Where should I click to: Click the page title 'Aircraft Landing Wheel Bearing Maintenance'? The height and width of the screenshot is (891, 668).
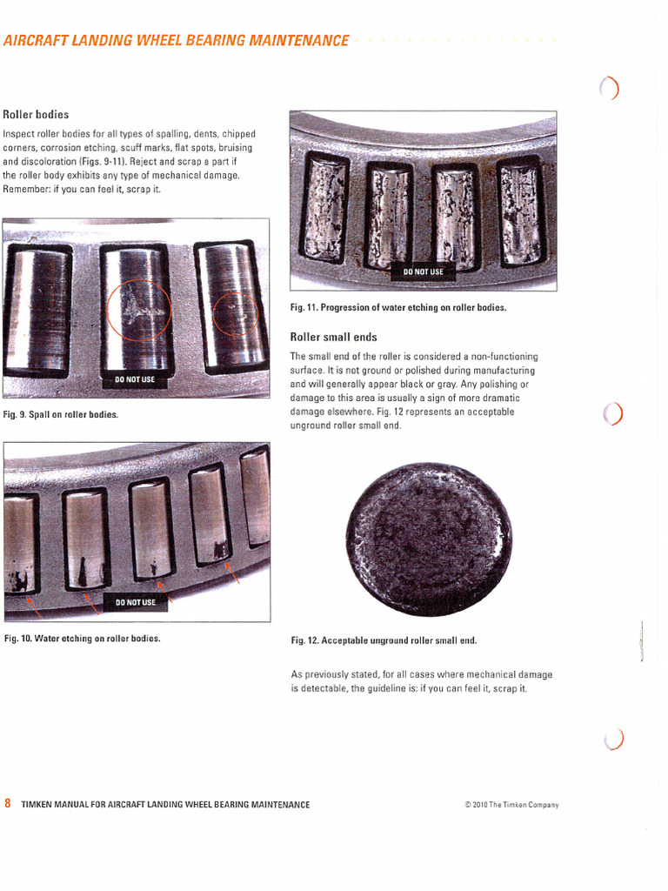click(176, 40)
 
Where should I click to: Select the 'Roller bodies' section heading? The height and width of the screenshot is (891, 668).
click(36, 114)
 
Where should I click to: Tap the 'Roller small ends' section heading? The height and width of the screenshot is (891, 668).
click(333, 337)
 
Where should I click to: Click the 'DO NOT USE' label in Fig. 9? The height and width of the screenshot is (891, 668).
click(135, 379)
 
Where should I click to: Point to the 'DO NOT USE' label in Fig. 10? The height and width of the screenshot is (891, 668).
click(135, 602)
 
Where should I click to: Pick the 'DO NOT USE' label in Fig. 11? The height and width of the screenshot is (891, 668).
click(423, 271)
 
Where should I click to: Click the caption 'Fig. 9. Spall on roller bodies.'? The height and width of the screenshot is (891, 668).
click(61, 414)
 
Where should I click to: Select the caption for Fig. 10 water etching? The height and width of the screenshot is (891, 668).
click(82, 639)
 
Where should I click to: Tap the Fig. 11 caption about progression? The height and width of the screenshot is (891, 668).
click(397, 307)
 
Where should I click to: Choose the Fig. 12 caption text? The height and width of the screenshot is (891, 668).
click(384, 640)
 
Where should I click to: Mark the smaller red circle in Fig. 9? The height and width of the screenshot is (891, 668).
click(235, 313)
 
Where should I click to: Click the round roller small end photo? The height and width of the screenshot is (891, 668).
click(429, 539)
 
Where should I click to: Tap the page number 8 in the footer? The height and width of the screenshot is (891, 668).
click(8, 803)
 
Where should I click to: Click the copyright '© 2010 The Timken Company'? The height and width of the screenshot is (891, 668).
click(511, 805)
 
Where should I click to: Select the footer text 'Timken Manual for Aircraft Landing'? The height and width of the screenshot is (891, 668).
click(165, 804)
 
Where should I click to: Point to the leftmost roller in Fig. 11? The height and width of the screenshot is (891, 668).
click(324, 210)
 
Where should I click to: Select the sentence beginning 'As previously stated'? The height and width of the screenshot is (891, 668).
click(421, 680)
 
